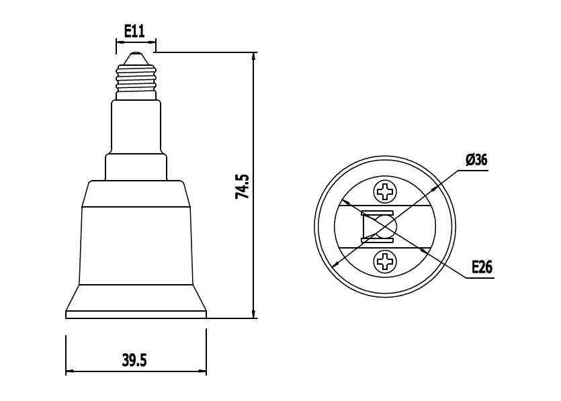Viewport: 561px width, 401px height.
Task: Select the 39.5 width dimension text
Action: coord(134,360)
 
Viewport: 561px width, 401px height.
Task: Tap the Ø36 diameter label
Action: coord(476,160)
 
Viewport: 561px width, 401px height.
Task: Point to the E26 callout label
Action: coord(482,267)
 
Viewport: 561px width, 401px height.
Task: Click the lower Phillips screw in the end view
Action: coord(386,260)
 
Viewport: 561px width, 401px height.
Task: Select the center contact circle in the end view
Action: coord(386,226)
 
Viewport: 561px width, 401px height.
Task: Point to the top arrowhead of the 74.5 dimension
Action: coord(253,57)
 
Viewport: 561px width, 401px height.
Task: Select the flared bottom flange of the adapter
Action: coord(136,297)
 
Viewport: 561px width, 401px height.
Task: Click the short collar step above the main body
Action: coord(136,166)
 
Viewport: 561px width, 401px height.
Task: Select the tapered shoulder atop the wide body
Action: coord(136,193)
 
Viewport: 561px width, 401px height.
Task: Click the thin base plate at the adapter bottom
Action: coord(136,314)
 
